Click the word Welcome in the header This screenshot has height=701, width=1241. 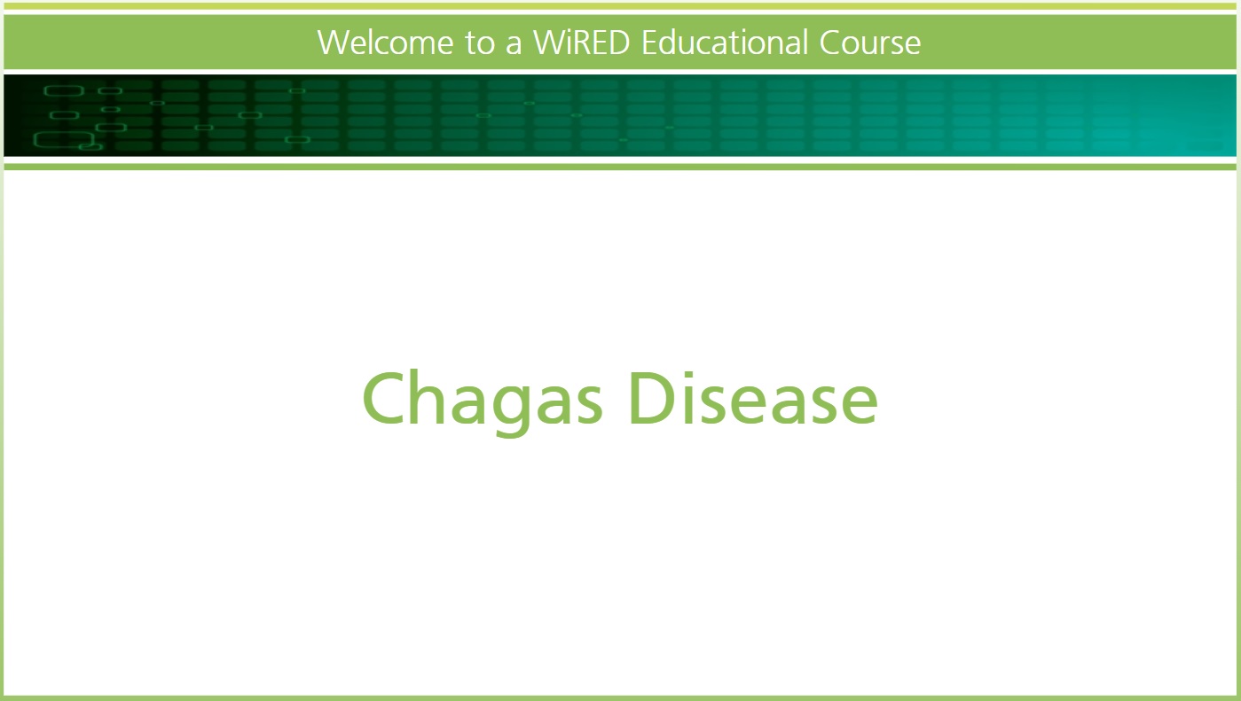pyautogui.click(x=385, y=43)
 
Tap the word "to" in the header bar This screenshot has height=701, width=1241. pyautogui.click(x=480, y=43)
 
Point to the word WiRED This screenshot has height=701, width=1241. pyautogui.click(x=581, y=43)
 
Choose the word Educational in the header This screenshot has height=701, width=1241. pyautogui.click(x=725, y=43)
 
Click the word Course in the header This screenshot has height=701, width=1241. pyautogui.click(x=870, y=43)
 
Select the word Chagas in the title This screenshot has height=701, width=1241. pyautogui.click(x=483, y=402)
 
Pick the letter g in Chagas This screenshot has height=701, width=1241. pyautogui.click(x=511, y=411)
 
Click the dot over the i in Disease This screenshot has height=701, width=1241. pyautogui.click(x=690, y=375)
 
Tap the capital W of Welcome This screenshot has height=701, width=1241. pyautogui.click(x=334, y=43)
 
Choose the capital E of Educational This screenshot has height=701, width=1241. pyautogui.click(x=650, y=43)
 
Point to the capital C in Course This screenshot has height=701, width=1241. pyautogui.click(x=831, y=43)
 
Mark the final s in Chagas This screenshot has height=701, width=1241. pyautogui.click(x=587, y=406)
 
